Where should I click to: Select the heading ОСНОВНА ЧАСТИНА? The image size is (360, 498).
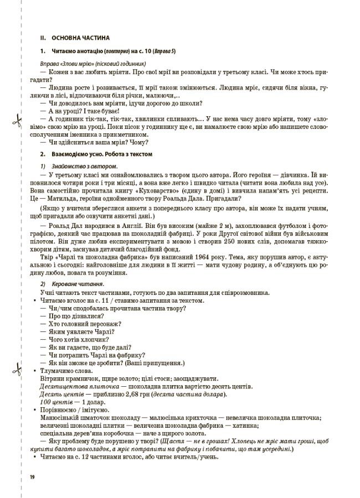tap(80, 38)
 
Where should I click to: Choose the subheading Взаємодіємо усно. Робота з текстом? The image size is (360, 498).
tap(101, 154)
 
